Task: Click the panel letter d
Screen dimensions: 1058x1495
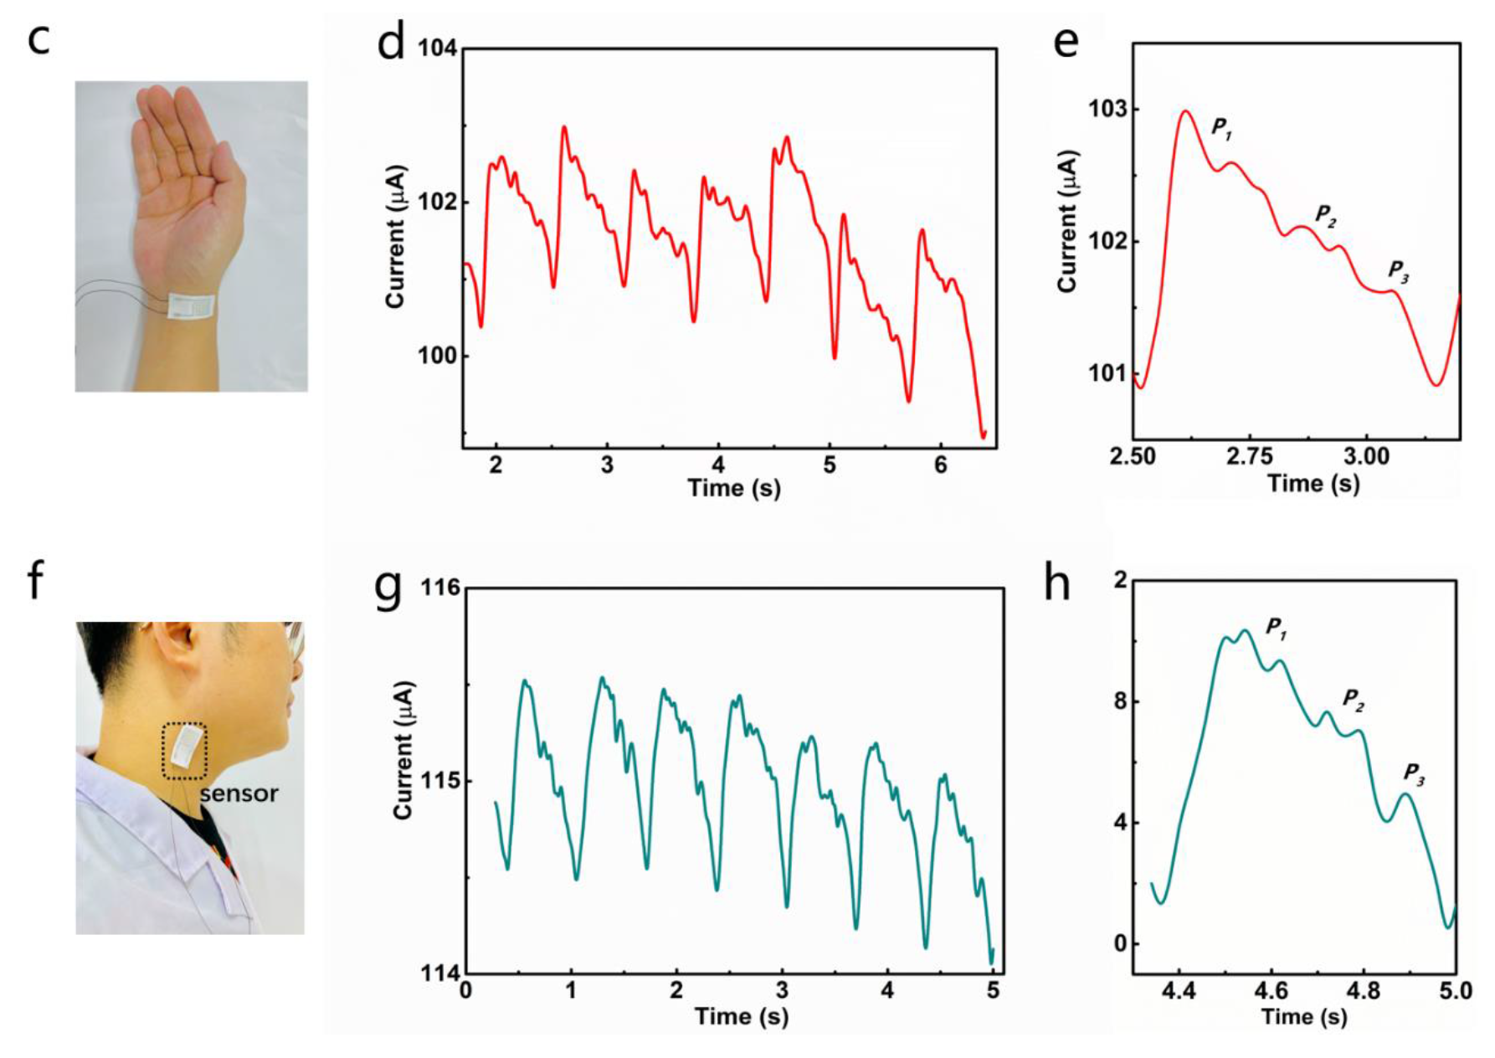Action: [391, 42]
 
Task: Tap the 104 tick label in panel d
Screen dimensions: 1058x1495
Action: [437, 49]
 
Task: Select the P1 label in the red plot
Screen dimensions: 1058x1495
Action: [1222, 128]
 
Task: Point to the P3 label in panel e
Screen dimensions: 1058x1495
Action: [1398, 271]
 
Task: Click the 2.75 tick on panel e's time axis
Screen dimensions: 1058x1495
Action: [1249, 456]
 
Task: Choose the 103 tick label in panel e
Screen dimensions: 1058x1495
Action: [1107, 110]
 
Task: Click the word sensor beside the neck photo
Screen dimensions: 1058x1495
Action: [239, 793]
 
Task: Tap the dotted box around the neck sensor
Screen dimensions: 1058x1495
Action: [184, 750]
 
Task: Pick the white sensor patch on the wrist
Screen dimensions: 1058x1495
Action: [192, 307]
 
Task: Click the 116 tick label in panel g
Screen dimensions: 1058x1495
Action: [440, 588]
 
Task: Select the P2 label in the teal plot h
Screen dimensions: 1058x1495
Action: [1353, 699]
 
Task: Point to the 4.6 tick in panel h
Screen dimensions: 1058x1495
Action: [1271, 992]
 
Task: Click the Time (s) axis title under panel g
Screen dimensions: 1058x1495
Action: [741, 1016]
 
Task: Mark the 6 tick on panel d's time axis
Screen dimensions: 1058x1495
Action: [940, 465]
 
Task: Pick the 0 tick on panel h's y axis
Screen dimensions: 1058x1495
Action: [1119, 943]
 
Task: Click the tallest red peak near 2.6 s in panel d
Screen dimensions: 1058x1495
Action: [564, 127]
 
